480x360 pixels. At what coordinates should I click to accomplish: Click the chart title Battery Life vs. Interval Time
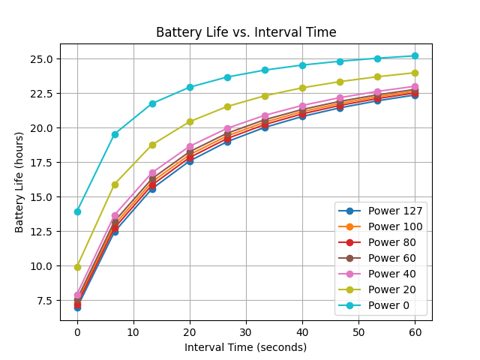click(x=246, y=32)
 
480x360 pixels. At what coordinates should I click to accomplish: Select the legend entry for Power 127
click(x=380, y=211)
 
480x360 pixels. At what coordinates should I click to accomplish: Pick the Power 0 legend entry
click(x=373, y=305)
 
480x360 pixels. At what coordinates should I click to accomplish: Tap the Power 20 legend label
click(x=391, y=289)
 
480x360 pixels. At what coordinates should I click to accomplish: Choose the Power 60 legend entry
click(x=377, y=258)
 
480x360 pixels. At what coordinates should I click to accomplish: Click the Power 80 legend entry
click(x=377, y=242)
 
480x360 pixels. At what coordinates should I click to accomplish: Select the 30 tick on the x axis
click(x=246, y=332)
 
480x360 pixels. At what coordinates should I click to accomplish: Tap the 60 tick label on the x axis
click(x=415, y=332)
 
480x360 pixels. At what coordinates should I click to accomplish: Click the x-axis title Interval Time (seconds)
click(x=245, y=347)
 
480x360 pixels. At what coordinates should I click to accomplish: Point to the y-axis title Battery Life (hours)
click(x=19, y=182)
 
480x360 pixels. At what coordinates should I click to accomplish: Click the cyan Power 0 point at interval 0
click(x=77, y=211)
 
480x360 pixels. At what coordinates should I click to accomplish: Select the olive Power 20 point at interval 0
click(x=77, y=267)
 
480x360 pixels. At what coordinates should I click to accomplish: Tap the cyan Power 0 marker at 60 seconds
click(x=415, y=55)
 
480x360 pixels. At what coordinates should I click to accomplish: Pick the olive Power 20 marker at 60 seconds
click(x=415, y=73)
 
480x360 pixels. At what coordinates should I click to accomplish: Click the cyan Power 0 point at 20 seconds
click(x=190, y=87)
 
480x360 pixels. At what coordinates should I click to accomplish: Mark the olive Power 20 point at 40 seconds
click(x=302, y=88)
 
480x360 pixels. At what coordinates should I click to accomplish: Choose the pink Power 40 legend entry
click(x=377, y=274)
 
